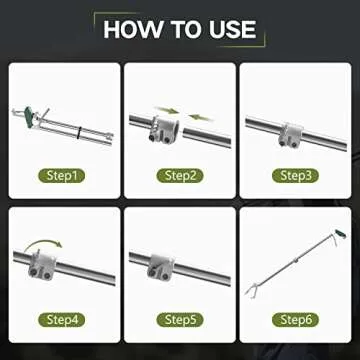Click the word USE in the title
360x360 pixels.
pyautogui.click(x=233, y=30)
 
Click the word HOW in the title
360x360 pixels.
pyautogui.click(x=133, y=30)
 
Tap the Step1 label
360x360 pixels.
pyautogui.click(x=62, y=176)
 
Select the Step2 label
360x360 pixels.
pyautogui.click(x=180, y=176)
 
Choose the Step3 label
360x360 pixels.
pyautogui.click(x=295, y=176)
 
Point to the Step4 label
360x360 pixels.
pyautogui.click(x=62, y=320)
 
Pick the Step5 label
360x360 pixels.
pyautogui.click(x=180, y=320)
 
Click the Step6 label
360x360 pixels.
pyautogui.click(x=295, y=320)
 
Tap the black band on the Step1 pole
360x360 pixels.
pyautogui.click(x=79, y=132)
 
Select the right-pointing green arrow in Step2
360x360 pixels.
pyautogui.click(x=167, y=110)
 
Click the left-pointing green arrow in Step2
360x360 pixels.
pyautogui.click(x=200, y=117)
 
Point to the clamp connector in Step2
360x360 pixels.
pyautogui.click(x=163, y=129)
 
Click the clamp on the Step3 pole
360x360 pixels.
pyautogui.click(x=291, y=135)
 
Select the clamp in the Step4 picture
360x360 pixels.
pyautogui.click(x=42, y=265)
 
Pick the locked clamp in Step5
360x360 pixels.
pyautogui.click(x=160, y=267)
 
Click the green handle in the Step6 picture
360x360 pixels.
pyautogui.click(x=341, y=234)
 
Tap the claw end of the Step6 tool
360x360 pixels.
pyautogui.click(x=250, y=290)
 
